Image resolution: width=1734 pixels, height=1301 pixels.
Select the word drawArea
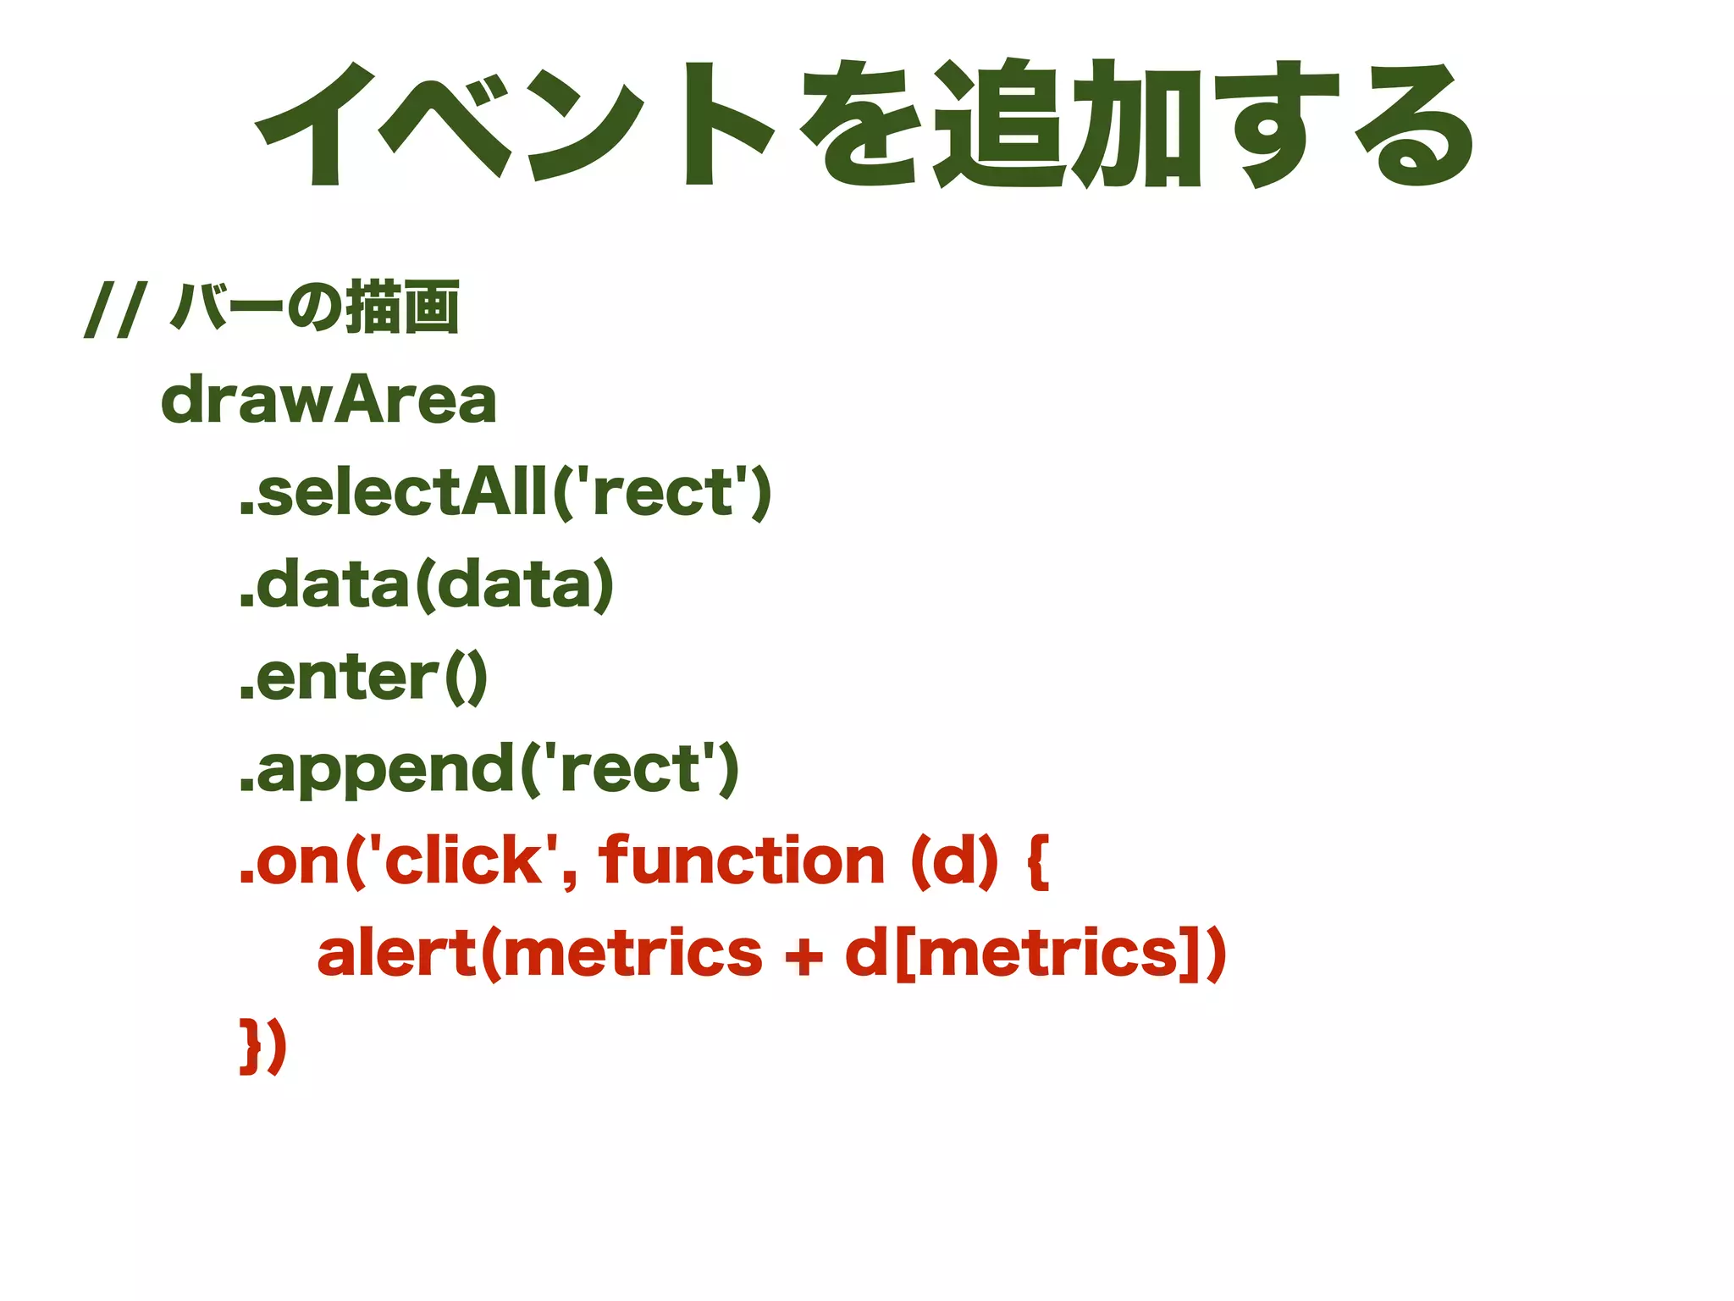(329, 400)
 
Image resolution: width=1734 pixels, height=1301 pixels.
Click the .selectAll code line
(505, 492)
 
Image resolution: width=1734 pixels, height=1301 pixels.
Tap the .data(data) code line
(426, 584)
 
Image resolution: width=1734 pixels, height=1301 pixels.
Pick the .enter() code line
(363, 677)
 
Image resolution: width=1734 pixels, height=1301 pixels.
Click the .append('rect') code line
(489, 769)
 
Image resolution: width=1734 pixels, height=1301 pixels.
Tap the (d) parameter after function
(954, 861)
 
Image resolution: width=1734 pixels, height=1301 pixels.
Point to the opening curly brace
(1039, 861)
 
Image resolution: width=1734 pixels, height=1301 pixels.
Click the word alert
(397, 954)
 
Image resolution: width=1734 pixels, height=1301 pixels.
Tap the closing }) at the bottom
(263, 1047)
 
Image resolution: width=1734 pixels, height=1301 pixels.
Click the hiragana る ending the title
(1413, 125)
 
